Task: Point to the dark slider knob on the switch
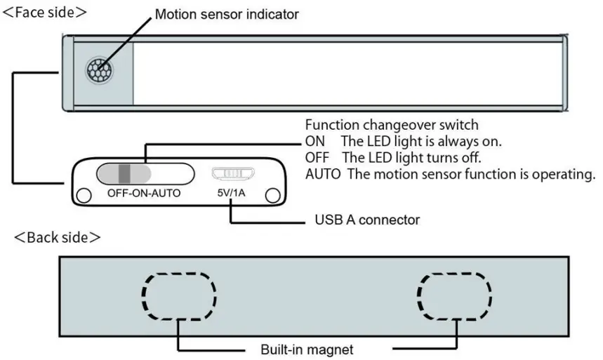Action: point(124,173)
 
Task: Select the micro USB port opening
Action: point(232,173)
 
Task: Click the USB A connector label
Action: point(366,220)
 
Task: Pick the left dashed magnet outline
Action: point(180,295)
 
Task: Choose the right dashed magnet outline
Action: point(454,295)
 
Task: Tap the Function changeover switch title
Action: point(392,126)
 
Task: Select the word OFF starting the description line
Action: point(317,158)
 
